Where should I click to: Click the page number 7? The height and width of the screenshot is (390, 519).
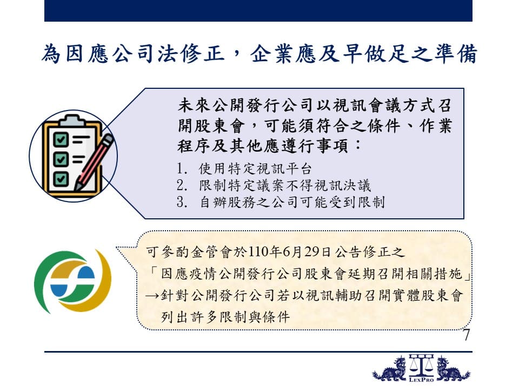click(x=467, y=335)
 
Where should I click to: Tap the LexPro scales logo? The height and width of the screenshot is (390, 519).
click(x=421, y=368)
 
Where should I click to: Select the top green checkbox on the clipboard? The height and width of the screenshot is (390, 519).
click(x=61, y=139)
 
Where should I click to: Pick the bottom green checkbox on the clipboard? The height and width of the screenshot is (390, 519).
click(x=61, y=179)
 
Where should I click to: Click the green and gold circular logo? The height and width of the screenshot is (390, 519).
click(x=73, y=281)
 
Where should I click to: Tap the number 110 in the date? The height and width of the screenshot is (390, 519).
click(x=258, y=252)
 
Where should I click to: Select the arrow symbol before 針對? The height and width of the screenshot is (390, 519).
click(x=153, y=296)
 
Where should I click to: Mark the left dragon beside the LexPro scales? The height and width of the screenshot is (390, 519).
click(x=389, y=369)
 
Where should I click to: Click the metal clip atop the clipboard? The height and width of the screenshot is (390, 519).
click(x=72, y=120)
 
